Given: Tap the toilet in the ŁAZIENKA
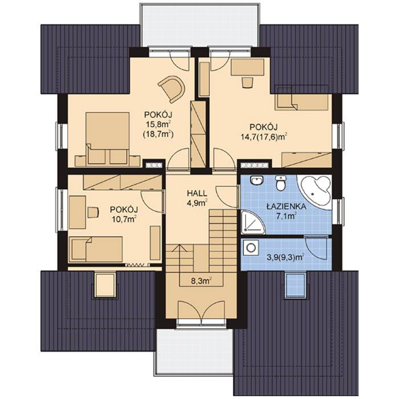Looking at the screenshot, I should point(280,184).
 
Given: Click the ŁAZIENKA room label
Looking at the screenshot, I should point(286,206).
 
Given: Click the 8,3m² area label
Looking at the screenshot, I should point(201,280).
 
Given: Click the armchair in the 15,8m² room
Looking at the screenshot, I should point(172,88).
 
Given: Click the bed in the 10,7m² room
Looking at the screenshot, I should point(96,249).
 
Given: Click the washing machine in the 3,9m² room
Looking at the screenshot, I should point(250,248).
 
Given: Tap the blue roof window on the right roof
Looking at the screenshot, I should point(295,285).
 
